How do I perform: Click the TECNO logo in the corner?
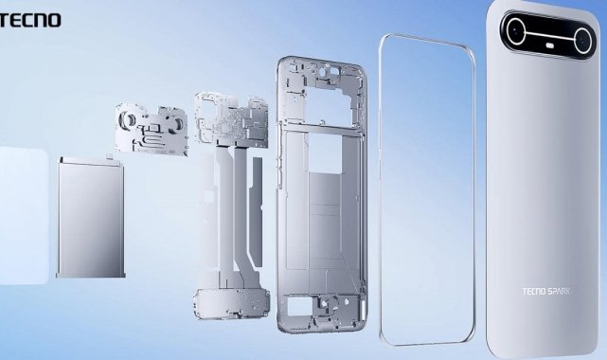pos(29,20)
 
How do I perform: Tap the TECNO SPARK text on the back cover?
pos(546,291)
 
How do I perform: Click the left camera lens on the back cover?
pos(515,31)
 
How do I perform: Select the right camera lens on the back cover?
pos(582,40)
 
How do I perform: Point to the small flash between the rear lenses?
pos(550,45)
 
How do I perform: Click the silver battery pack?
pos(91,218)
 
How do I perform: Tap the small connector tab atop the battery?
pos(110,156)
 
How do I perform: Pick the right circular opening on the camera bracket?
pos(178,123)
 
